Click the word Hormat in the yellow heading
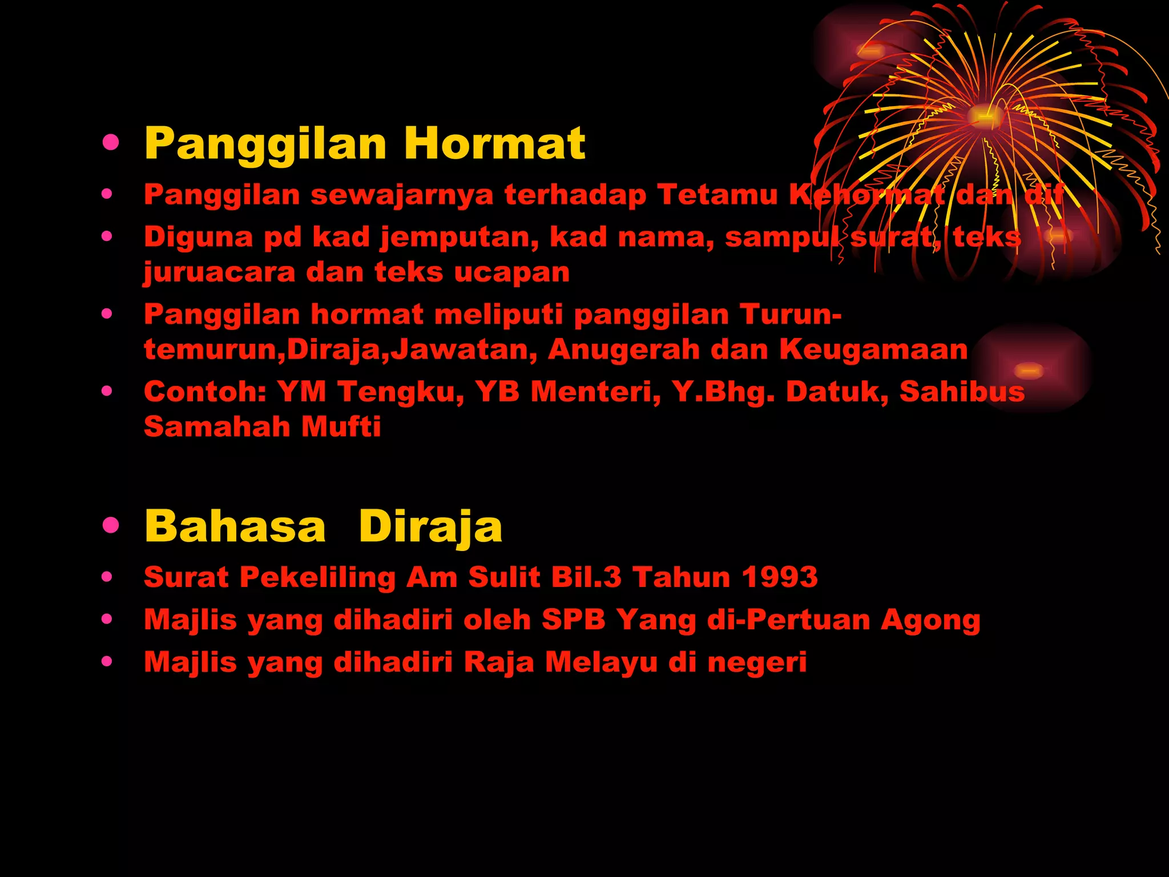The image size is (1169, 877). point(494,143)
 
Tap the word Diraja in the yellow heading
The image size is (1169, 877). point(430,526)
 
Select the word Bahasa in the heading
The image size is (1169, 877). point(235,526)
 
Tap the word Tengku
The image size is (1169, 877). point(400,392)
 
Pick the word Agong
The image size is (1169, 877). point(930,620)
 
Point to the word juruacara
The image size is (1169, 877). point(219,272)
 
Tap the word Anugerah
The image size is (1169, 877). point(623,349)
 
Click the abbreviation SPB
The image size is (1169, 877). point(573,619)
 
